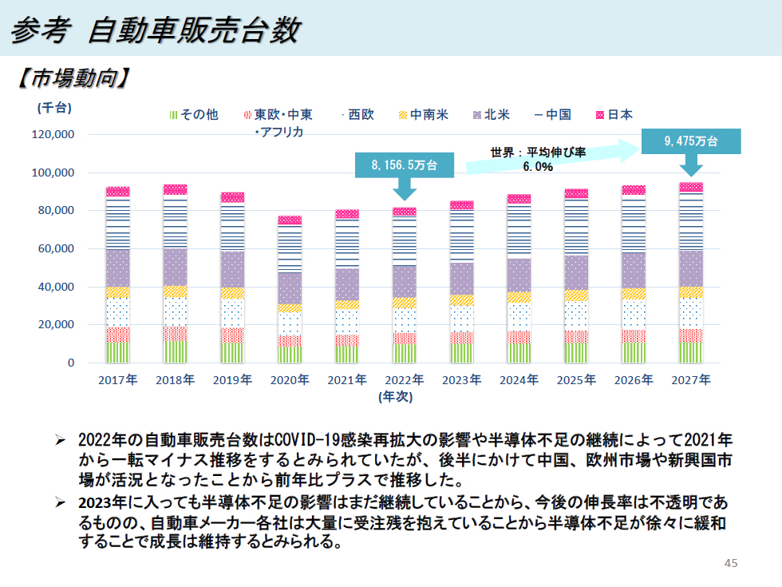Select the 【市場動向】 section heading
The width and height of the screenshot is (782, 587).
click(x=73, y=78)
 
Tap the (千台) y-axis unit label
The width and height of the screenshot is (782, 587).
click(x=53, y=107)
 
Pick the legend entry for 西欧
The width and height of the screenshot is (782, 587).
click(x=357, y=115)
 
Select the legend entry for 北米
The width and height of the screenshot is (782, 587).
click(x=492, y=115)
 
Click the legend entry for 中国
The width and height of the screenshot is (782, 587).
click(x=553, y=115)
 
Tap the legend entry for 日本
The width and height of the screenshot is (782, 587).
click(x=614, y=115)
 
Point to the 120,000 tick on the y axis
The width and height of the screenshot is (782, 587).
click(x=53, y=134)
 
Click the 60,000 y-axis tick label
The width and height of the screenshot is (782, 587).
click(x=57, y=248)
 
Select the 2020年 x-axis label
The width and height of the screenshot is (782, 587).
click(x=289, y=380)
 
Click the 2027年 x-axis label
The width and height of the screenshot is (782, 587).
click(x=691, y=380)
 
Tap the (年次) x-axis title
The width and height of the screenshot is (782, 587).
click(x=395, y=395)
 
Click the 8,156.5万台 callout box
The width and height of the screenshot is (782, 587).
click(x=404, y=165)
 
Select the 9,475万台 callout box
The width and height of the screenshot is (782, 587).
click(x=691, y=141)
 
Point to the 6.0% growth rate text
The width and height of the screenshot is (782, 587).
click(x=538, y=167)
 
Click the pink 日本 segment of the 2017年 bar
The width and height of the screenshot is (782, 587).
click(x=118, y=192)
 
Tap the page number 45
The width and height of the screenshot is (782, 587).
click(x=730, y=563)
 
